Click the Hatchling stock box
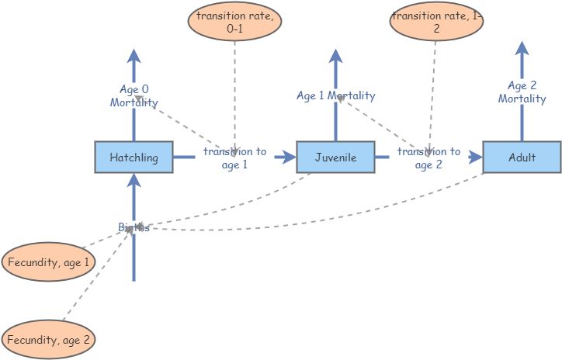tap(134, 157)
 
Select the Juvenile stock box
tap(335, 157)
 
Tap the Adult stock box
tap(522, 157)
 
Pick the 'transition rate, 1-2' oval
tap(435, 22)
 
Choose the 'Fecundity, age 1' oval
tap(49, 262)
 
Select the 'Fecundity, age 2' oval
tap(49, 340)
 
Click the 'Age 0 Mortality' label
tap(134, 96)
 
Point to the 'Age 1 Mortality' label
tap(335, 96)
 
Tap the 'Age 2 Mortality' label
tap(522, 92)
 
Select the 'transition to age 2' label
tap(428, 157)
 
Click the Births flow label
tap(134, 227)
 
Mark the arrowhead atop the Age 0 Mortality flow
tap(134, 56)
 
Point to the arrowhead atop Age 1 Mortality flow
tap(335, 56)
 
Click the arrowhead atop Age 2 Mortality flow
tap(522, 50)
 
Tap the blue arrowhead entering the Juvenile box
tap(289, 157)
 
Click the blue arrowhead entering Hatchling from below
tap(134, 181)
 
